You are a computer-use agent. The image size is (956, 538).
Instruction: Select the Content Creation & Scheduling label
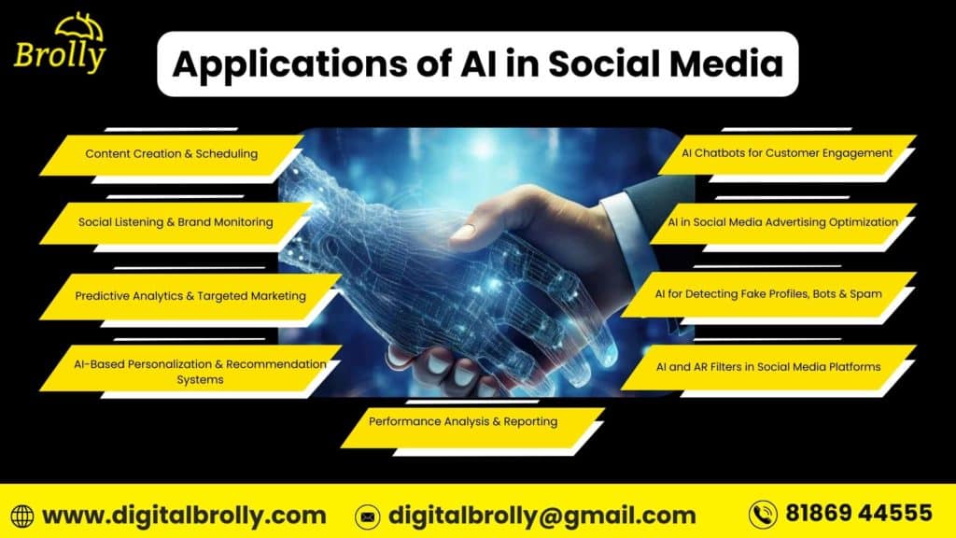point(171,153)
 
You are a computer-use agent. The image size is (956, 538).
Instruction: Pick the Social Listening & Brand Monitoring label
point(176,222)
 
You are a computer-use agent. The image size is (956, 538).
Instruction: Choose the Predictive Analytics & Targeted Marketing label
point(190,296)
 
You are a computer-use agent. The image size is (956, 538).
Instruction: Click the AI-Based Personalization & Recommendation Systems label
point(200,371)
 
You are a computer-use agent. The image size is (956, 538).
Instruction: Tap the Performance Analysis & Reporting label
point(462,421)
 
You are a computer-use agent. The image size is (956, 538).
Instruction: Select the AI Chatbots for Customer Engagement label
point(787,152)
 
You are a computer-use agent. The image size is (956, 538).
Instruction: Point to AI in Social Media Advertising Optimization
point(782,222)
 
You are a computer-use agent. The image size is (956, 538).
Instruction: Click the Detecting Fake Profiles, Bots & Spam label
point(768,294)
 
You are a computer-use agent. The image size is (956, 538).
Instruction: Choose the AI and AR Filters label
point(768,366)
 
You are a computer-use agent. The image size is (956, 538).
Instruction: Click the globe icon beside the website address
point(22,516)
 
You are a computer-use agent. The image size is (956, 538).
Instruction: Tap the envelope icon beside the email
point(368,516)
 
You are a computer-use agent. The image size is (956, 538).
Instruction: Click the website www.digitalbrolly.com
point(184,515)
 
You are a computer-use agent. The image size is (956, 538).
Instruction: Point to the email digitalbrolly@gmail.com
point(541,515)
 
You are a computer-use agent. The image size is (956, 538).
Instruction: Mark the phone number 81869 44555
point(858,513)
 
